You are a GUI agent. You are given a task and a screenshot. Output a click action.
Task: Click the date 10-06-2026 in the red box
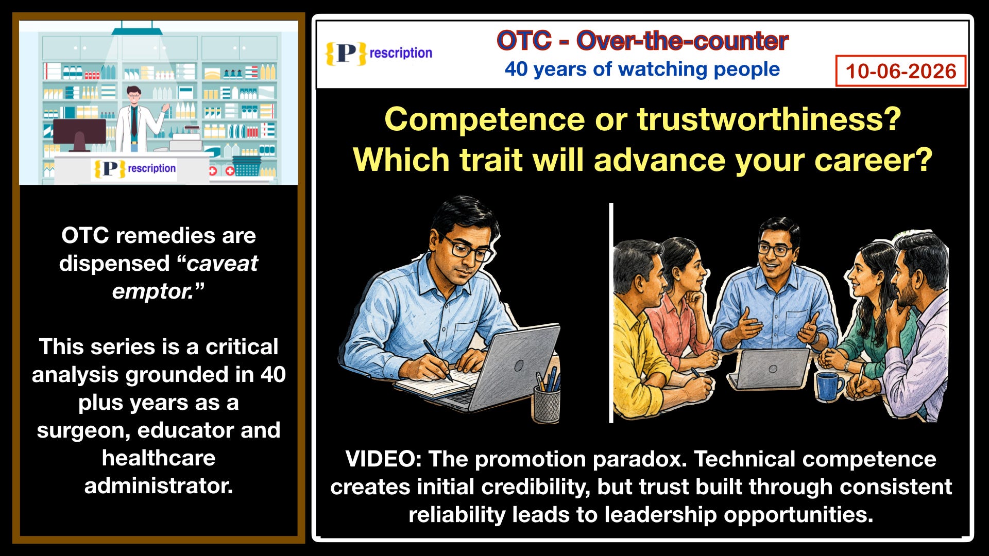click(x=901, y=71)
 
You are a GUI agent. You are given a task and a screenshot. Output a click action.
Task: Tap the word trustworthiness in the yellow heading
click(x=769, y=119)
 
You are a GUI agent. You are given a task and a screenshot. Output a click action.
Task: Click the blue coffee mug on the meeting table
click(x=829, y=386)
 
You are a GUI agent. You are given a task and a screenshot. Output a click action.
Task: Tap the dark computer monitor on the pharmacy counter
click(x=79, y=134)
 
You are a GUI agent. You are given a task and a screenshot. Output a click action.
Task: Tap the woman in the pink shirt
click(x=680, y=304)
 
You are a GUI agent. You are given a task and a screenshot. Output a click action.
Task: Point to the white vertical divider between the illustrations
click(x=611, y=312)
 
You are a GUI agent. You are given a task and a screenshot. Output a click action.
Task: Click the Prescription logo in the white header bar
click(x=379, y=53)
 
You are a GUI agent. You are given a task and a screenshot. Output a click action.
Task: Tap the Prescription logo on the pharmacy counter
click(x=134, y=169)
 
